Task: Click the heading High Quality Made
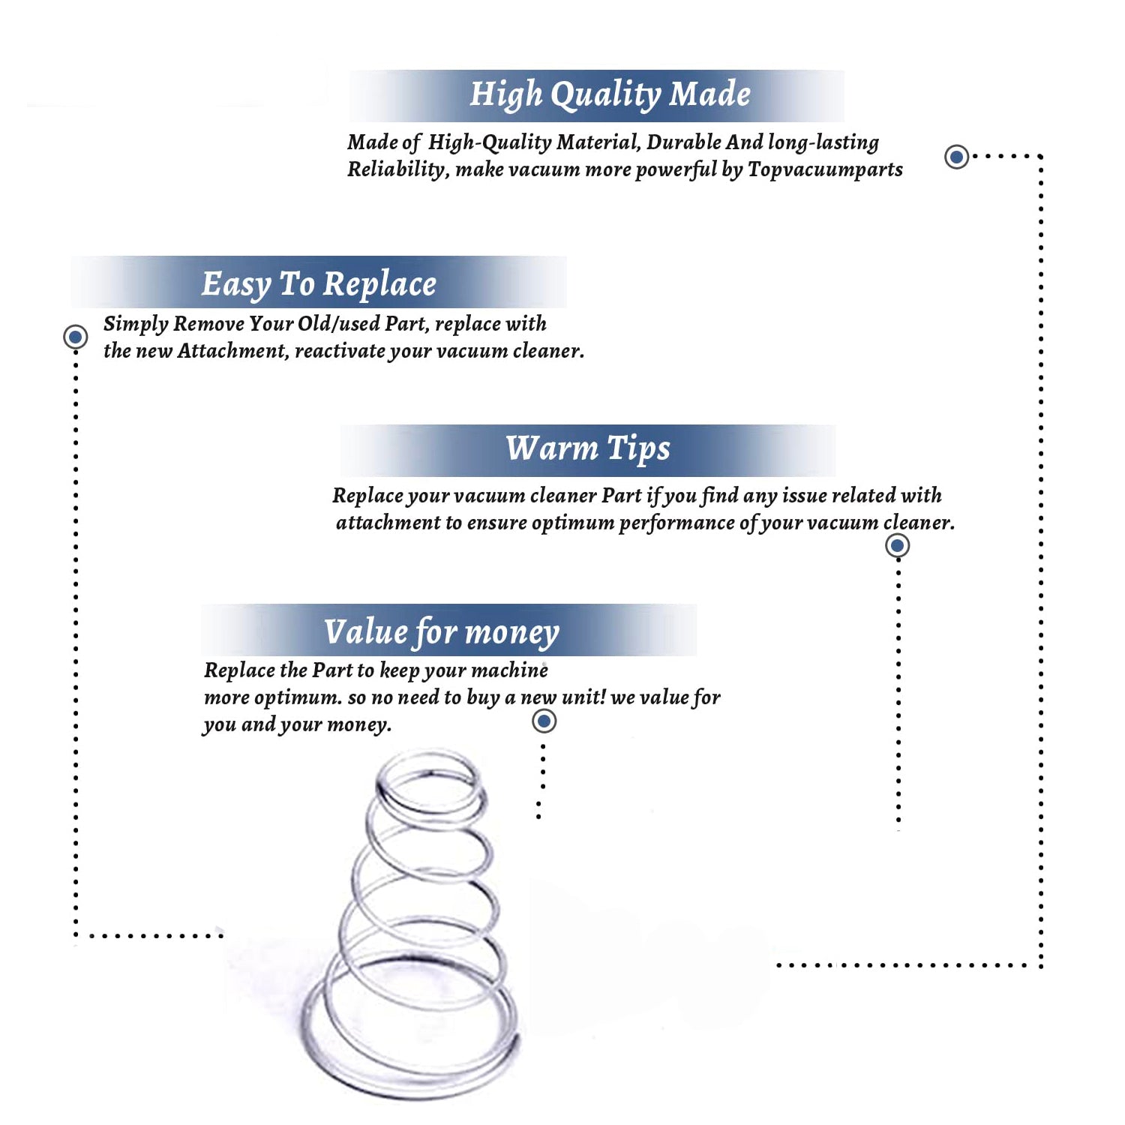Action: tap(610, 95)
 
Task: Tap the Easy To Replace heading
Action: tap(319, 284)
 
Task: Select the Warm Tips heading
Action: tap(588, 448)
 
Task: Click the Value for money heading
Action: tap(442, 632)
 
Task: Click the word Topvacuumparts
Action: tap(825, 169)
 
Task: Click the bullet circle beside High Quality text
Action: tap(956, 157)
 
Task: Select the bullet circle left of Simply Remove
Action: tap(75, 337)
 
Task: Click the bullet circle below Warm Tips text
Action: tap(898, 545)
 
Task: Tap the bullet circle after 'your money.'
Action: tap(544, 721)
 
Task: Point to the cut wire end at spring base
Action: tap(515, 1039)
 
